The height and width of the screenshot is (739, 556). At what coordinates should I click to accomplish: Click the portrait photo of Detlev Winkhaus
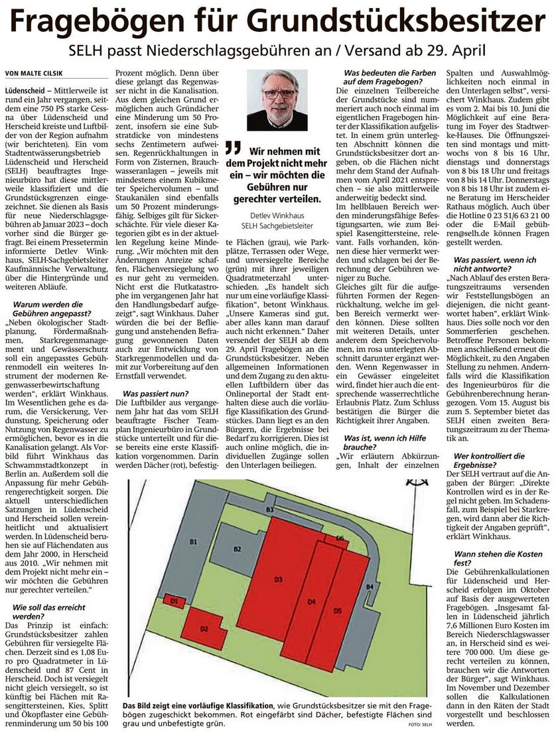click(x=277, y=99)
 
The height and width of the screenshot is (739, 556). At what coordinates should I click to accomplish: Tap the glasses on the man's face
click(x=279, y=93)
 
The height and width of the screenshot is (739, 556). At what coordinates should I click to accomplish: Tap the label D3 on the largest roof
click(x=279, y=581)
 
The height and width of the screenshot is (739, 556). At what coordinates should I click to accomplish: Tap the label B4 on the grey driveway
click(x=370, y=587)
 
